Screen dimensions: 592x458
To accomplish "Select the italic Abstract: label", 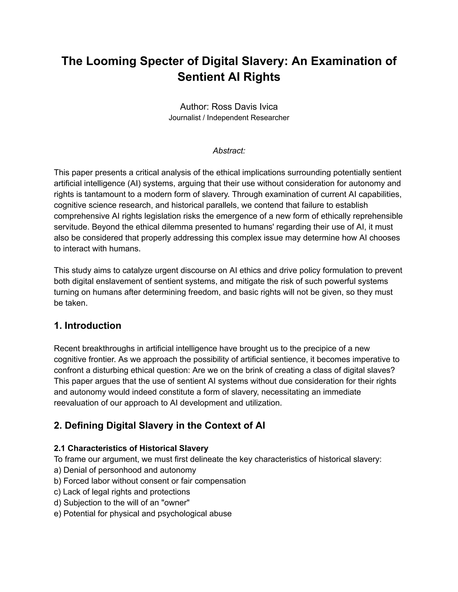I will [x=229, y=151].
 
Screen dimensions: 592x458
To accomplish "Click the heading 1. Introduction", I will [x=87, y=325].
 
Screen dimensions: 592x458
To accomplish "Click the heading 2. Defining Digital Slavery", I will [x=159, y=425].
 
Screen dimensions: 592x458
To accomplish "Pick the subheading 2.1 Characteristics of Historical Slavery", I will [x=131, y=448].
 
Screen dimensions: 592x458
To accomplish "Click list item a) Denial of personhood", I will [x=125, y=470].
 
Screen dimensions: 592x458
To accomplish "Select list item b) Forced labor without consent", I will [x=150, y=481].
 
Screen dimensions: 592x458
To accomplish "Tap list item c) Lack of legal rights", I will [x=122, y=492].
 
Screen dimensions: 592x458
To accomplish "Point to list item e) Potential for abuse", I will [x=143, y=513].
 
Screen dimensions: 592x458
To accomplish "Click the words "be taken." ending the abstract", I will [x=70, y=303].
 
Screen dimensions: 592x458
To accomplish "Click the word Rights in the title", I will [x=262, y=77].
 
